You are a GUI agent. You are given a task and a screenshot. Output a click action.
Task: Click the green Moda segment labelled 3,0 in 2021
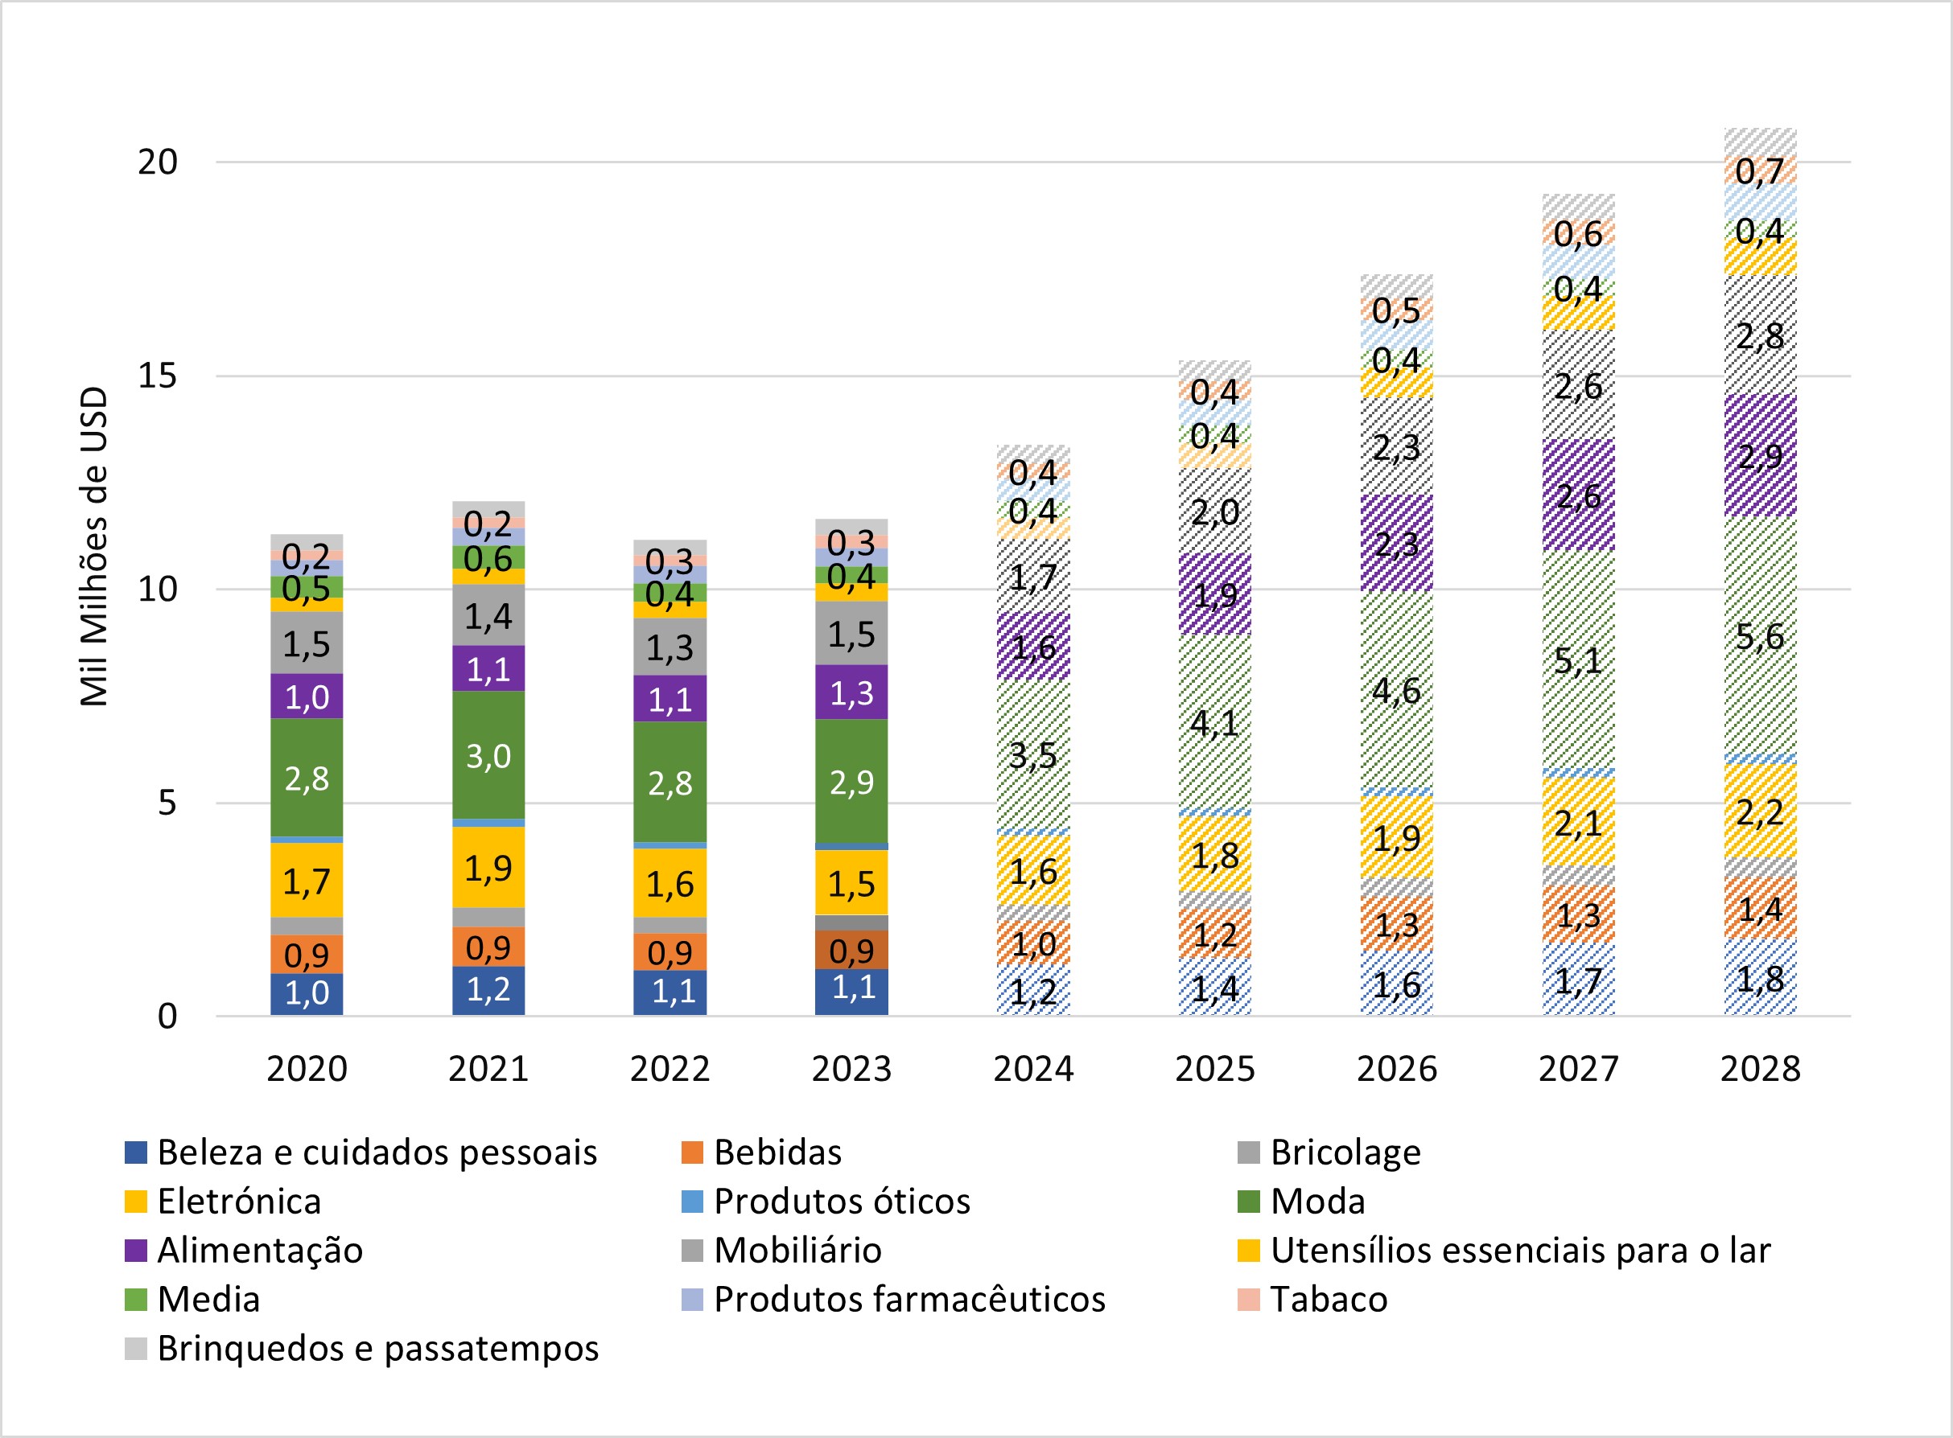488,755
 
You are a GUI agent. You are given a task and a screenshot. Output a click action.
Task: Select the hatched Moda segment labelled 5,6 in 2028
1760,636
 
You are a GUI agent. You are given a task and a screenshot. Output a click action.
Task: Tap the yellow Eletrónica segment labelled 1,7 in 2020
307,881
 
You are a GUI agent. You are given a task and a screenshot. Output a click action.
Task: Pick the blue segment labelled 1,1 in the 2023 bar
851,990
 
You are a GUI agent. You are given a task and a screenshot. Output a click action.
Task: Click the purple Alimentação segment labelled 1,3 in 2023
851,693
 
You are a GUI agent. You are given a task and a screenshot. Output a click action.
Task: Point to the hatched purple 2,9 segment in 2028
1760,455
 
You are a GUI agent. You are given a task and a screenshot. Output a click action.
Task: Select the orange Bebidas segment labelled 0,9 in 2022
670,952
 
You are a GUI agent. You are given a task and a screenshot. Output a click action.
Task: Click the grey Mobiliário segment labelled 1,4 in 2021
488,615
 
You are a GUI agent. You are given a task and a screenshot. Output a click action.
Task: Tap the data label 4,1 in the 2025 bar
1214,722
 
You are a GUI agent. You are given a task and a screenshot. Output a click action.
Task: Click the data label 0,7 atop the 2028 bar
1760,171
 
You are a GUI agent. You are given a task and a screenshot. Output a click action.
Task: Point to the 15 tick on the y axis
158,376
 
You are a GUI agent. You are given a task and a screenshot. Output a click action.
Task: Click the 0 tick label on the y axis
167,1017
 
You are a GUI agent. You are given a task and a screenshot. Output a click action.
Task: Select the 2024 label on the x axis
1033,1069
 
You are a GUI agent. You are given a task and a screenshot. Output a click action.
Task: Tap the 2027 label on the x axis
1579,1069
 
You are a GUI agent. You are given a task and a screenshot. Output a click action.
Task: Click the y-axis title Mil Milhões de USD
94,547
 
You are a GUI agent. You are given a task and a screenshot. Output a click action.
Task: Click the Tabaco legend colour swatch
1248,1300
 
